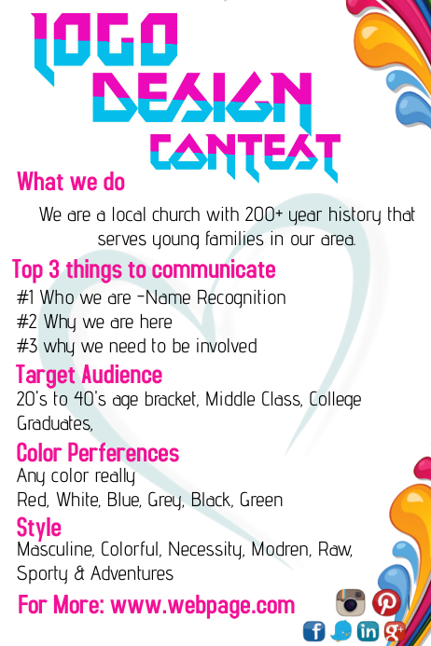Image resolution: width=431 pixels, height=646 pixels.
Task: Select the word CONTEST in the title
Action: pos(244,153)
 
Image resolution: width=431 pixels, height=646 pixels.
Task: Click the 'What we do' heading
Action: pos(71,181)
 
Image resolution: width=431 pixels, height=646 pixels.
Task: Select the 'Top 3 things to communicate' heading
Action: pos(144,270)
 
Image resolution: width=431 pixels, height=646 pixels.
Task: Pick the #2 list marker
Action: pos(26,323)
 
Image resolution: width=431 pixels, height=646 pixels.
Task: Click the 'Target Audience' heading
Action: pos(90,375)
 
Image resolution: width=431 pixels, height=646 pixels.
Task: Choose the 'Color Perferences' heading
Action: pos(98,453)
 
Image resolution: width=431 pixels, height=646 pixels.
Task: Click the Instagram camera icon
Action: pos(350,602)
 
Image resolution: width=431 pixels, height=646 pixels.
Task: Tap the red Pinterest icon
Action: pos(385,602)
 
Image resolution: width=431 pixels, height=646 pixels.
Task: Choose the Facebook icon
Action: pos(314,631)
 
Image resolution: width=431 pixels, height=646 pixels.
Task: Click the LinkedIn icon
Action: pos(368,631)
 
